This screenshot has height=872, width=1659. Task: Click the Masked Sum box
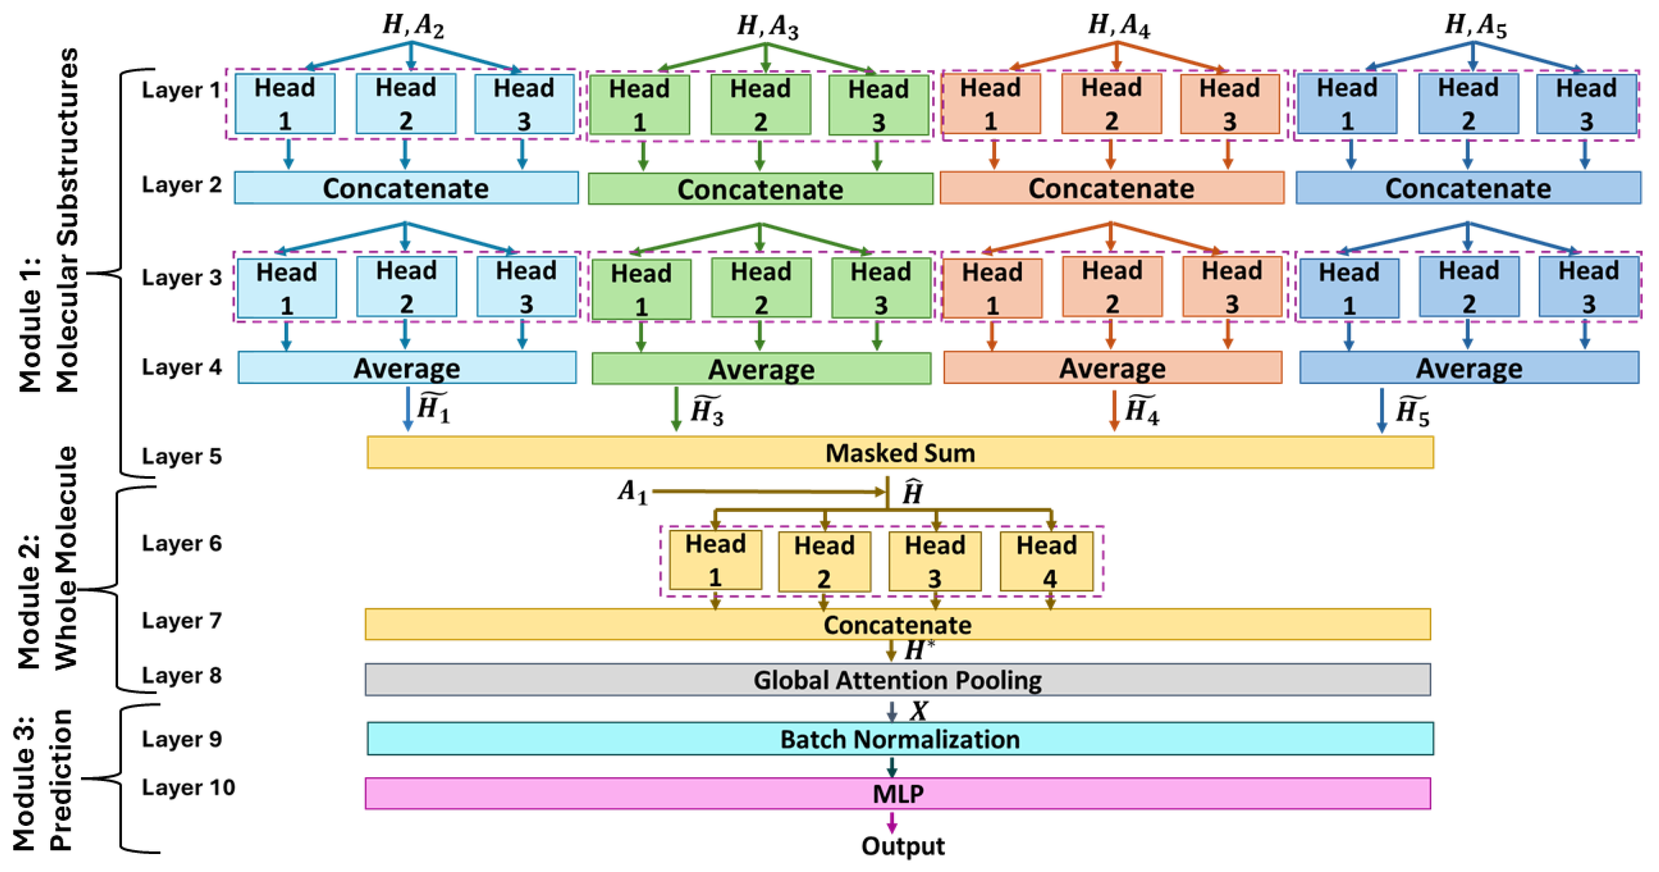[x=900, y=452]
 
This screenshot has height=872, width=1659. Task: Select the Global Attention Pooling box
[x=897, y=679]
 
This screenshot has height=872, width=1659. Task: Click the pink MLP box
[x=897, y=793]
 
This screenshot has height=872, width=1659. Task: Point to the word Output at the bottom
[x=903, y=845]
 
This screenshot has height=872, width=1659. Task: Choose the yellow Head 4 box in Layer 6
[x=1046, y=560]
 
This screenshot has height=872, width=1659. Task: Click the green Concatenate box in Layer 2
[x=760, y=189]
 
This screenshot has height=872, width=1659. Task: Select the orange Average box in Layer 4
[x=1112, y=368]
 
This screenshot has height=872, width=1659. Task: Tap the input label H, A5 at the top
[x=1475, y=26]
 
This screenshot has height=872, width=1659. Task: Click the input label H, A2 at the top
[x=413, y=26]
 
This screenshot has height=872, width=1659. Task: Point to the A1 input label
[x=633, y=492]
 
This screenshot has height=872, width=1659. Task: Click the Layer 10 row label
[x=188, y=787]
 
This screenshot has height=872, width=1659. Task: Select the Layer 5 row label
[x=182, y=456]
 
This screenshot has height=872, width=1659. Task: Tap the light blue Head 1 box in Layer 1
[x=285, y=103]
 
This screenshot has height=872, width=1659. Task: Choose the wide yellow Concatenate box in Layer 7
[x=897, y=624]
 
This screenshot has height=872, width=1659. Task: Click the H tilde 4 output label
[x=1142, y=410]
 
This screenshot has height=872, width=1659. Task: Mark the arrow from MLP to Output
[x=892, y=822]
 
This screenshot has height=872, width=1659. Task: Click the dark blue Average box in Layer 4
[x=1469, y=368]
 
